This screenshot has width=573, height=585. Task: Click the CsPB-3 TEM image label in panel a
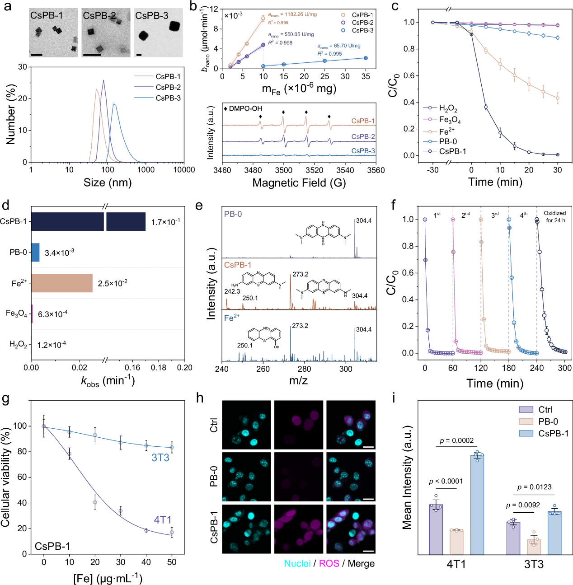pos(152,16)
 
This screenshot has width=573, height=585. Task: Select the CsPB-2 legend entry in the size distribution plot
pos(168,87)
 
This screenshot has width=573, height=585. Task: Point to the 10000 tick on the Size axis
pos(184,170)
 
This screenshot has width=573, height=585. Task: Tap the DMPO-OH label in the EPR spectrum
pos(245,108)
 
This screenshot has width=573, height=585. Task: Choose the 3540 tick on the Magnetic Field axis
pos(345,170)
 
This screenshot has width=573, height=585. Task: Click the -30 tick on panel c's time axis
pos(433,170)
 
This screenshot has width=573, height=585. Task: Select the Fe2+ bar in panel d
pos(62,283)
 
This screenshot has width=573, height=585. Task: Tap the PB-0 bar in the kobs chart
pos(35,253)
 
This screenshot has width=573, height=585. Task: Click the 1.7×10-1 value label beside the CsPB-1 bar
pos(165,222)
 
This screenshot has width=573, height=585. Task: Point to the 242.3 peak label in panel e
pos(232,291)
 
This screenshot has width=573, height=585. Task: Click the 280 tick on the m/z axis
pos(305,369)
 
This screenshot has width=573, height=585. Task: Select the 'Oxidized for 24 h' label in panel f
pos(555,217)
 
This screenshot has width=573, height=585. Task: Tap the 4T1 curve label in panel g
pos(163,520)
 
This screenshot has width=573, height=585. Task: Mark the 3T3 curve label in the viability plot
pos(160,458)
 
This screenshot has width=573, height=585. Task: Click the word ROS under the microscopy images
pos(329,563)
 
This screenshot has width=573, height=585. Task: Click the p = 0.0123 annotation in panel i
pos(535,487)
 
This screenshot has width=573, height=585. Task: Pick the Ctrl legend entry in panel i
pos(545,410)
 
